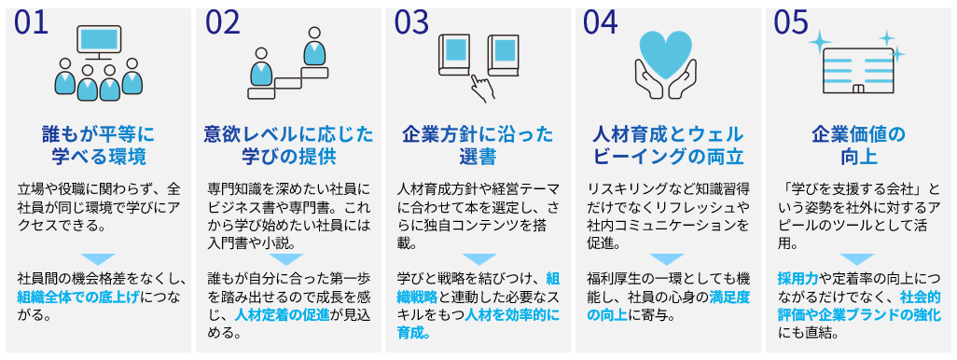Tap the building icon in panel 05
pyautogui.click(x=859, y=71)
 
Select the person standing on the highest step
pyautogui.click(x=314, y=47)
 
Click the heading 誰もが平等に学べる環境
pyautogui.click(x=98, y=145)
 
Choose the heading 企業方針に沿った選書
pyautogui.click(x=478, y=145)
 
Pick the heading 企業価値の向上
pyautogui.click(x=859, y=145)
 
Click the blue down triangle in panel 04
pyautogui.click(x=667, y=259)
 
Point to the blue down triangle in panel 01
pyautogui.click(x=98, y=259)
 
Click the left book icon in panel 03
pyautogui.click(x=454, y=54)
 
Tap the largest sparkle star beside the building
pyautogui.click(x=820, y=42)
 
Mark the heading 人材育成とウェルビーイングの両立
pyautogui.click(x=668, y=145)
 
